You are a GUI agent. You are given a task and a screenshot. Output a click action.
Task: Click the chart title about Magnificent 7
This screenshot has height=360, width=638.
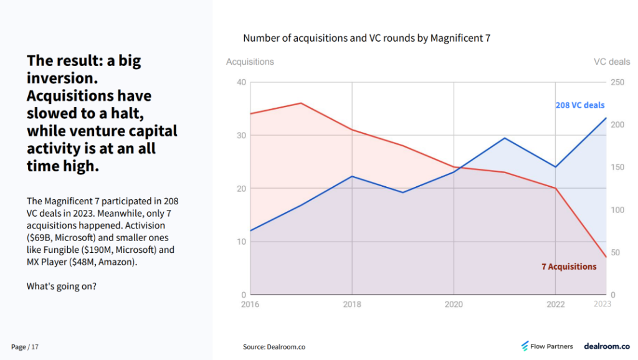[x=366, y=38]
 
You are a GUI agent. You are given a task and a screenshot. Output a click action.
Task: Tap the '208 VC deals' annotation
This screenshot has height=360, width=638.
[x=579, y=105]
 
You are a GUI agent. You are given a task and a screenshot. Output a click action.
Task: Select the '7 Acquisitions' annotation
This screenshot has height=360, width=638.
[x=568, y=267]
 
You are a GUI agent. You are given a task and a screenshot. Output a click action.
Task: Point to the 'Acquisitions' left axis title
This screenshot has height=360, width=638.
[x=250, y=62]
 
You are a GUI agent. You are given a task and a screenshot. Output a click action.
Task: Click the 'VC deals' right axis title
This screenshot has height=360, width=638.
[x=611, y=62]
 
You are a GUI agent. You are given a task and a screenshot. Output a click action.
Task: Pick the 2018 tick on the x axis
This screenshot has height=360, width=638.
[x=352, y=305]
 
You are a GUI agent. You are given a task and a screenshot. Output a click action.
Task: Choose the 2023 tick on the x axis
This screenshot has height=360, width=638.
[x=602, y=305]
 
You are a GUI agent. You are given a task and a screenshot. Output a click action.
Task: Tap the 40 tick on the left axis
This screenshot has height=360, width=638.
[x=241, y=82]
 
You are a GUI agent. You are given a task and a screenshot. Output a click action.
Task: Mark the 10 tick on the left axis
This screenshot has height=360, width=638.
[x=241, y=242]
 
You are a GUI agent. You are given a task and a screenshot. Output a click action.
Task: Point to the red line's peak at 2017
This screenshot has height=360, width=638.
[x=301, y=103]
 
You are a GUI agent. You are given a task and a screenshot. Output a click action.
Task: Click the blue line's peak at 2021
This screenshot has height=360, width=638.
[x=504, y=138]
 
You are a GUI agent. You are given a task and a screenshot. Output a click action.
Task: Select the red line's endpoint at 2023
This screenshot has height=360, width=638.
[x=606, y=257]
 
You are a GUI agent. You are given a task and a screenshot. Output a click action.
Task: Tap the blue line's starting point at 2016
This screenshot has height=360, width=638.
[x=250, y=230]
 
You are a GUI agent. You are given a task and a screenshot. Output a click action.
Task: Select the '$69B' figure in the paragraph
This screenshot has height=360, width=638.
[x=41, y=237]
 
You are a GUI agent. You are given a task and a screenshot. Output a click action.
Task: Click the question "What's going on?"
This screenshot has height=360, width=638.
[x=61, y=287]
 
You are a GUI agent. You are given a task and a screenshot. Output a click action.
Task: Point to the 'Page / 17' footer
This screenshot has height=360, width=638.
[x=25, y=347]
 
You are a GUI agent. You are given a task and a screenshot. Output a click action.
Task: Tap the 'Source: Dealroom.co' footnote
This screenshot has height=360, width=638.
[x=274, y=347]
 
